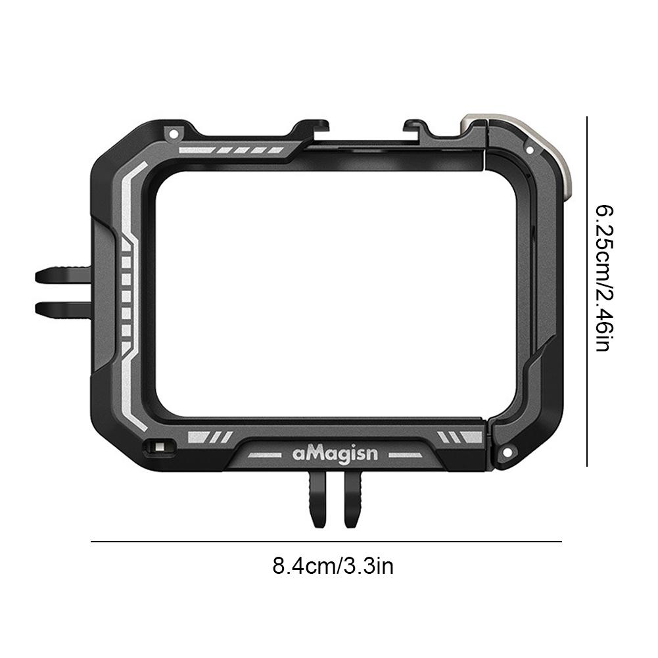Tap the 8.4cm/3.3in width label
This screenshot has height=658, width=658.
[x=333, y=565]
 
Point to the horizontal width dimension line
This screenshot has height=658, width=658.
[x=326, y=542]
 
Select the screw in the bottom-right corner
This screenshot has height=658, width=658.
[x=507, y=453]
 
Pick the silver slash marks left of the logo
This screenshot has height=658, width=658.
[x=209, y=436]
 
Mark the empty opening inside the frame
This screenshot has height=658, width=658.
[x=335, y=293]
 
